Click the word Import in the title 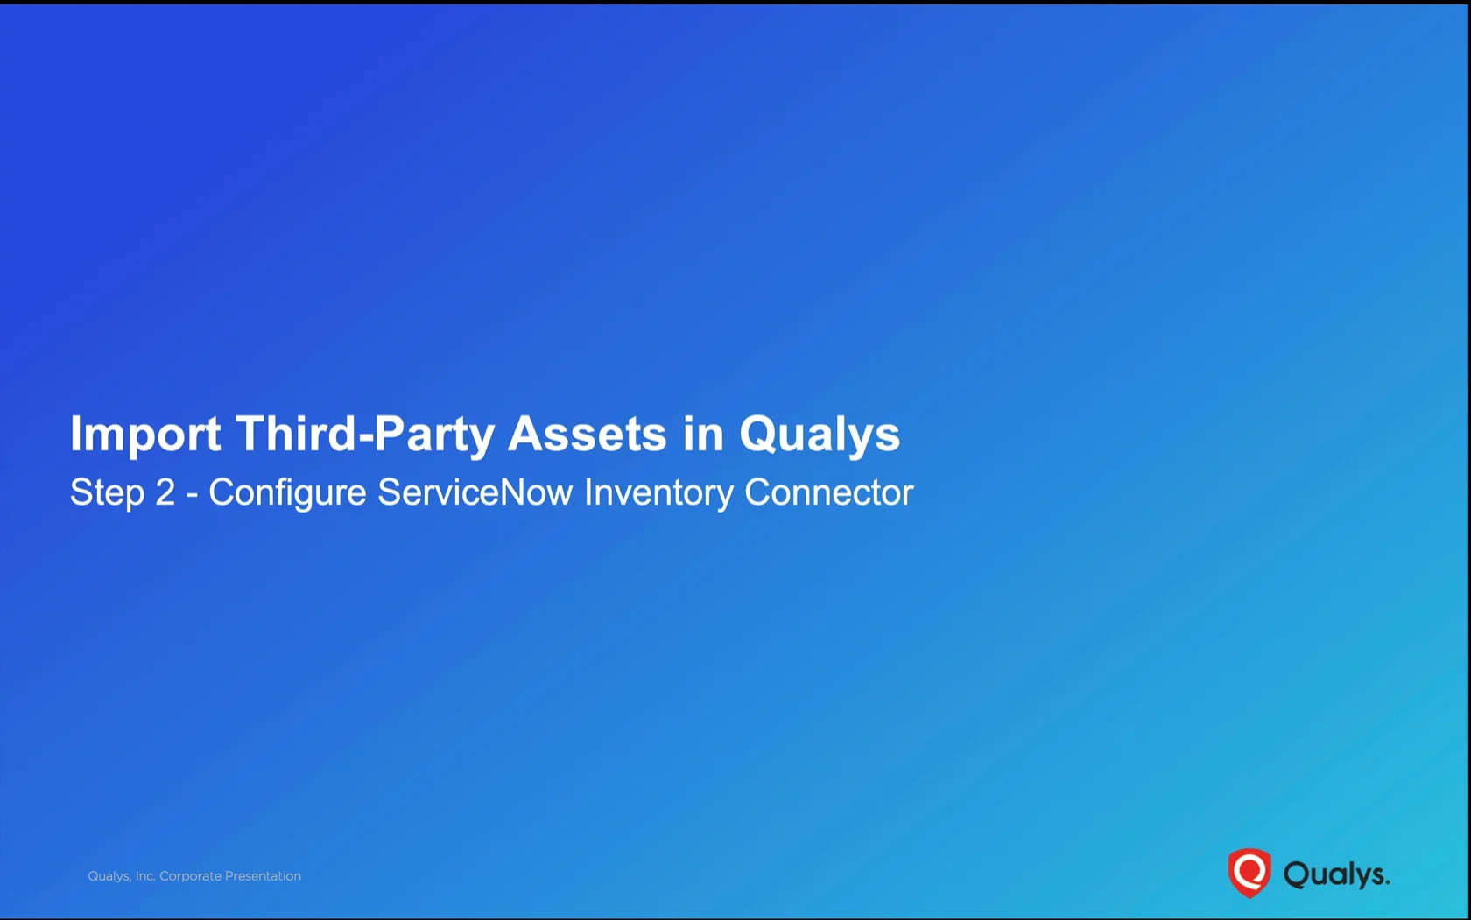145,435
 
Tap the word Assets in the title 588,434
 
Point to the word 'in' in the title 703,434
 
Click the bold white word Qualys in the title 820,435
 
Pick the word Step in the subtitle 107,492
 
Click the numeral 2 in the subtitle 165,492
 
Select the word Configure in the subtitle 287,492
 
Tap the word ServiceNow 475,492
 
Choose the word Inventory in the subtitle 658,492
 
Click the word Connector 828,492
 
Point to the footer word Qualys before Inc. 109,876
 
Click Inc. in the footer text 145,876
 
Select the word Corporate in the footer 191,876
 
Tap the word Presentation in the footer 263,876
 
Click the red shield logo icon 1249,873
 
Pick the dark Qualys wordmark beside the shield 1336,874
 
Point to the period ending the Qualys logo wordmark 1386,882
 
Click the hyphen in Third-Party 365,437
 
